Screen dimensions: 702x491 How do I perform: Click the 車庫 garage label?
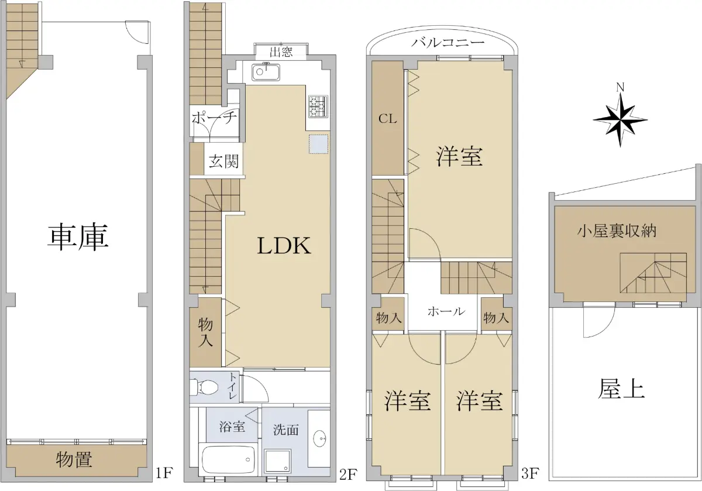click(x=78, y=237)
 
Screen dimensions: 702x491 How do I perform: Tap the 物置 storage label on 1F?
click(x=74, y=459)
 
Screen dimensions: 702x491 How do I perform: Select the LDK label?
click(x=284, y=246)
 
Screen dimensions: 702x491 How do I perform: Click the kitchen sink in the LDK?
click(x=266, y=72)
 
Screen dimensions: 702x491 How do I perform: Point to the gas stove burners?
click(x=318, y=107)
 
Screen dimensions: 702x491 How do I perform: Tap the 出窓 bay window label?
click(x=281, y=52)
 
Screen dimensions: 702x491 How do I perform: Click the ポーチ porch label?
click(x=214, y=118)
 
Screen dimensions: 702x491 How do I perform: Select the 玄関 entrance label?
click(x=223, y=161)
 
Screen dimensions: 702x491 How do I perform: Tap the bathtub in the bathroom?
click(x=228, y=459)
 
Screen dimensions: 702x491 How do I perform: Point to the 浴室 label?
click(x=232, y=427)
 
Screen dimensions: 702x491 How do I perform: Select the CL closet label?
click(x=387, y=119)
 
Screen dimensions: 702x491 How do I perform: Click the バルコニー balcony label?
click(x=448, y=42)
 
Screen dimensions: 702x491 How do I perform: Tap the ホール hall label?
click(x=446, y=311)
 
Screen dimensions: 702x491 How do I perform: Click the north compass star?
click(x=620, y=120)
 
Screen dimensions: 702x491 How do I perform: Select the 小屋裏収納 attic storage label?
click(x=617, y=231)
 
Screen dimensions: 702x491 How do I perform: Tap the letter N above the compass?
click(x=620, y=87)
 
